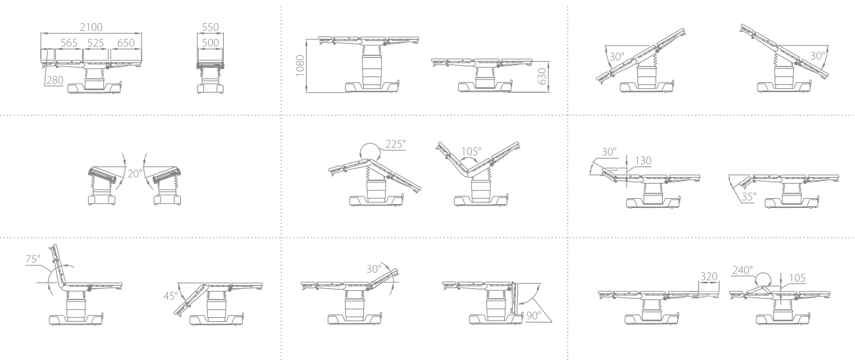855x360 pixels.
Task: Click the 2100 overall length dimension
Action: coord(91,27)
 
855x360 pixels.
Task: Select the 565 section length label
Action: coord(68,43)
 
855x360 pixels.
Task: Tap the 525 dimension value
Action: coord(95,43)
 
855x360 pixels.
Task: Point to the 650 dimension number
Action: coord(126,43)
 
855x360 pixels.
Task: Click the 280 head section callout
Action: coord(55,80)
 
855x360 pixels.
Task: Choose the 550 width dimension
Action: coord(210,27)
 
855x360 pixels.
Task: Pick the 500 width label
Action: coord(210,43)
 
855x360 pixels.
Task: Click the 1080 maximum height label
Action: coord(300,66)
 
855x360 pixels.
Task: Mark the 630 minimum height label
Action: coord(542,76)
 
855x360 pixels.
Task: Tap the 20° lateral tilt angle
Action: coord(135,174)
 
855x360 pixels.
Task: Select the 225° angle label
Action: coord(396,144)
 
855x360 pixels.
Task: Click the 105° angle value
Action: coord(471,151)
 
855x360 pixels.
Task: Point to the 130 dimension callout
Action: coord(643,161)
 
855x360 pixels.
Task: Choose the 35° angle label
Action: coord(748,197)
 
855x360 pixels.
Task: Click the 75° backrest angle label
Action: coord(33,259)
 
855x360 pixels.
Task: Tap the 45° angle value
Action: coord(170,296)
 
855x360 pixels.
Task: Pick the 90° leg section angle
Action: coord(534,315)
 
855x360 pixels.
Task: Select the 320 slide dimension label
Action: coord(709,276)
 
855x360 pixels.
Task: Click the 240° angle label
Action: coord(742,270)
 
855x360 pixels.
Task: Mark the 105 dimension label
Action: coord(797,278)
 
